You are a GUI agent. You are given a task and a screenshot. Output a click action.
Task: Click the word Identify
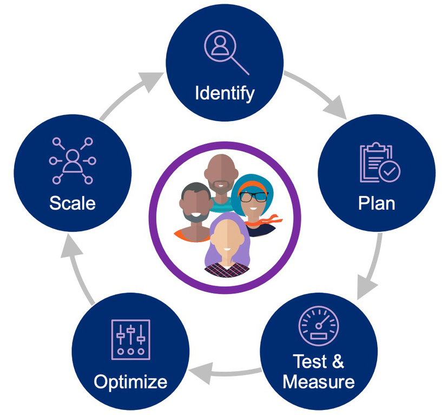(x=225, y=93)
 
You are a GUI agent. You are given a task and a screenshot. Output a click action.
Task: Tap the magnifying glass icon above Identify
(x=226, y=52)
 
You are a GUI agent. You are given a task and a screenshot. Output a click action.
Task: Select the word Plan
(x=377, y=203)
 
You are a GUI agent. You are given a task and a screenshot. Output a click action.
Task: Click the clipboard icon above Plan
(x=380, y=162)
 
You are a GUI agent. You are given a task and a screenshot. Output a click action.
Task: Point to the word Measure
(x=319, y=382)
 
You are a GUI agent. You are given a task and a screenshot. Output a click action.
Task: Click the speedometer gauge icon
(x=319, y=326)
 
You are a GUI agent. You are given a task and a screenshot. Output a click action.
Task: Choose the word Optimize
(x=130, y=382)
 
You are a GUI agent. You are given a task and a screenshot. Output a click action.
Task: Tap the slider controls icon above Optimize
(x=131, y=340)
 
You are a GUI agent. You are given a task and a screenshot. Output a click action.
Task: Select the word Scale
(x=73, y=203)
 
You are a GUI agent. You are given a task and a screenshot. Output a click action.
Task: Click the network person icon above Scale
(x=73, y=160)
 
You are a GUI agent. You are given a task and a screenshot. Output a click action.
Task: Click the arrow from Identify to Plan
(x=320, y=91)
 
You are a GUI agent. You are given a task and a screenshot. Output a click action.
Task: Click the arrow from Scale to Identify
(x=129, y=94)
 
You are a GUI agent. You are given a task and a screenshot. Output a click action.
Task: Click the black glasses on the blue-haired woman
(x=253, y=197)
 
